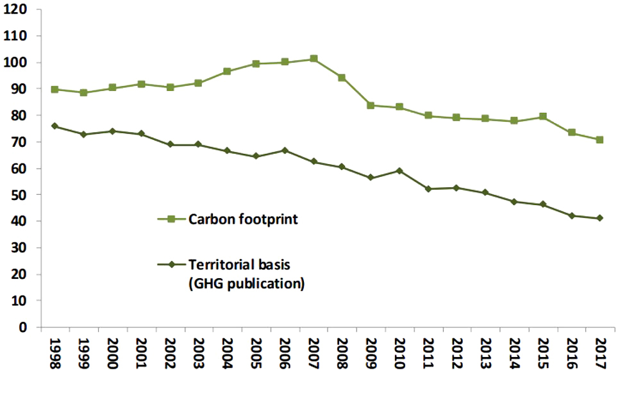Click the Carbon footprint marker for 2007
313,59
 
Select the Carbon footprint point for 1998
55,90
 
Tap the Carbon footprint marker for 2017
599,140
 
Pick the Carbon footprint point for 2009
371,105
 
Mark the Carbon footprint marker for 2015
542,117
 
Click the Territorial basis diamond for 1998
55,126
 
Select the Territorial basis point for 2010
399,171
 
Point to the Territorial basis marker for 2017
599,218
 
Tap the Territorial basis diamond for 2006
284,150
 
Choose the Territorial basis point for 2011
428,189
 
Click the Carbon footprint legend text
244,219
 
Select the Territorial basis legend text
235,264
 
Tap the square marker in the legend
171,219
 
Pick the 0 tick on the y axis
25,327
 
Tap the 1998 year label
55,354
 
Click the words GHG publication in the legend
246,283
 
